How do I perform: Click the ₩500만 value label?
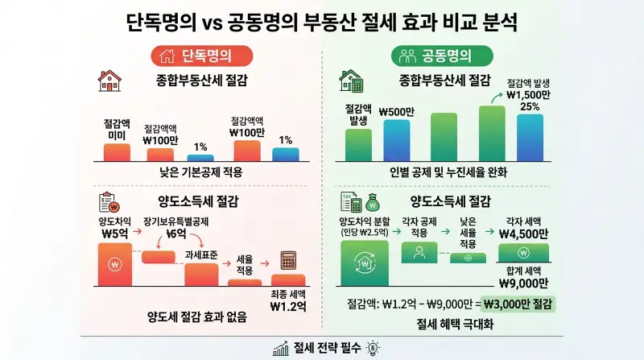(x=397, y=111)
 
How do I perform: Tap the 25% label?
(x=528, y=107)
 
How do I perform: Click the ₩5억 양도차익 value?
(x=116, y=234)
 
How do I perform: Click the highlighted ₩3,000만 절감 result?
(x=518, y=304)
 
